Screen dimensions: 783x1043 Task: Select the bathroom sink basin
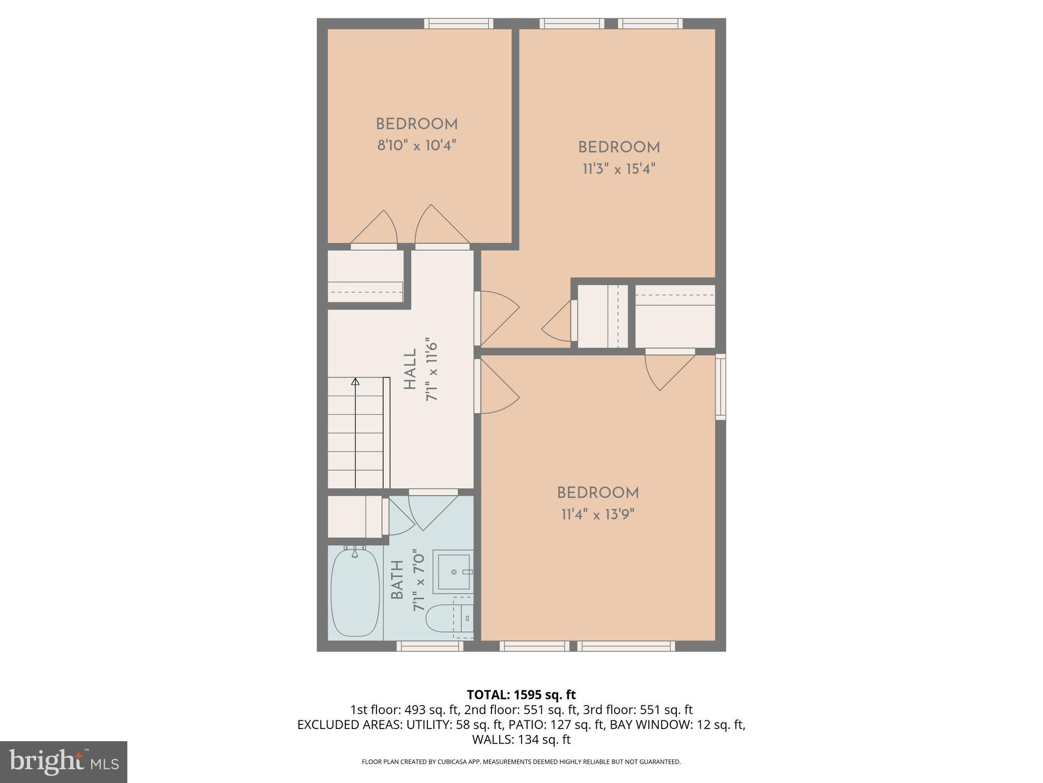[x=453, y=572]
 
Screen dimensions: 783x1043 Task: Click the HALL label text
[x=410, y=369]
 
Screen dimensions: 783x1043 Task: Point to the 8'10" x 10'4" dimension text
[x=416, y=146]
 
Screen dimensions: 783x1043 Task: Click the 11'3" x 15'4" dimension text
[x=619, y=169]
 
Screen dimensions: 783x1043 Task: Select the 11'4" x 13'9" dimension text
[x=598, y=514]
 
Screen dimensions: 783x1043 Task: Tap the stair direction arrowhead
[x=355, y=381]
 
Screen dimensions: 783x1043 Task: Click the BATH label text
[x=397, y=580]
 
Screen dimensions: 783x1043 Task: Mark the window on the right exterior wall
[x=721, y=386]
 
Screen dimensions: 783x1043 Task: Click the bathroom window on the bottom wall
[x=430, y=646]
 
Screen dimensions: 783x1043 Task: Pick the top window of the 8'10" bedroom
[x=458, y=23]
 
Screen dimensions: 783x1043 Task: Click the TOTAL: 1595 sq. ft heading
[x=521, y=694]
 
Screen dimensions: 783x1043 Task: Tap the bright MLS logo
[x=64, y=762]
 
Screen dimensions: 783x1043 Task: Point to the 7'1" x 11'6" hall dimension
[x=431, y=369]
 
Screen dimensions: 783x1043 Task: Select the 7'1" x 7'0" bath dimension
[x=419, y=580]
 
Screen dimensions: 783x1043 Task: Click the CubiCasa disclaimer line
[x=521, y=762]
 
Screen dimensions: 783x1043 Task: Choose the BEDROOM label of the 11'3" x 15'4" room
[x=619, y=147]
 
